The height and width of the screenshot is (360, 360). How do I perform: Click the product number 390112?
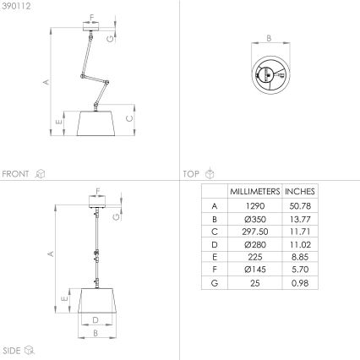(16, 6)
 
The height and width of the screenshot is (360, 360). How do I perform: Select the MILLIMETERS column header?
(255, 192)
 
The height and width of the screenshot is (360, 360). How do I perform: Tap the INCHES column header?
(300, 192)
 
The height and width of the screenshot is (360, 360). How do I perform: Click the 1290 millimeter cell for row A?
(255, 206)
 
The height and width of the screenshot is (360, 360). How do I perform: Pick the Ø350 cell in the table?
(255, 219)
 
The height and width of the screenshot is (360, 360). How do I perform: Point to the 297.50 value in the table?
(255, 232)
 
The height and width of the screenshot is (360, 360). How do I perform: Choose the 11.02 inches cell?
(300, 244)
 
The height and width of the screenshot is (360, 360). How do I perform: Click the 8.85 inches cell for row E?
(300, 257)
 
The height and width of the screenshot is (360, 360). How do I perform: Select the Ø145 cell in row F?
(255, 270)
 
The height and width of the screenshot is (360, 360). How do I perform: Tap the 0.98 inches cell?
(300, 283)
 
